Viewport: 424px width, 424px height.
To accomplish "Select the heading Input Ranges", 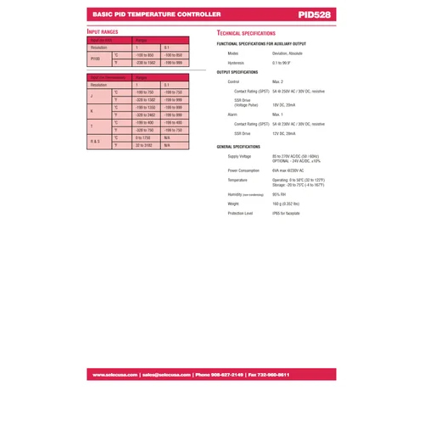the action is tap(103, 31).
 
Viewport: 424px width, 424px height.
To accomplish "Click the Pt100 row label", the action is tap(95, 59).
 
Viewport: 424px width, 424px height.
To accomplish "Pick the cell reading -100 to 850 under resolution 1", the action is tap(144, 54).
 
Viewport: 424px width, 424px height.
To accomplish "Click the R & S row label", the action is tap(95, 142).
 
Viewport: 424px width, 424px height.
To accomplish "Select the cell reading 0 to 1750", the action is tap(142, 137).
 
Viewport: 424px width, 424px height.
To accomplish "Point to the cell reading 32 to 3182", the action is tap(143, 146).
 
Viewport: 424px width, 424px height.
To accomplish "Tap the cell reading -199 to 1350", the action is tap(145, 108).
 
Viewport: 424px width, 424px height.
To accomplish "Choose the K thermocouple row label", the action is tap(92, 112).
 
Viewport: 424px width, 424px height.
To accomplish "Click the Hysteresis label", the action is tap(236, 63).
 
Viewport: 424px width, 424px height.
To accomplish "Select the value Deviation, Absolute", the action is tap(287, 53).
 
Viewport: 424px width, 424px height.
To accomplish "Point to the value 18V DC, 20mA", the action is tap(284, 104).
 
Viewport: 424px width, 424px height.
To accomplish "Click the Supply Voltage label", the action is tap(239, 156).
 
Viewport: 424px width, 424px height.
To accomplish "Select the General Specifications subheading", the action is tap(243, 147).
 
